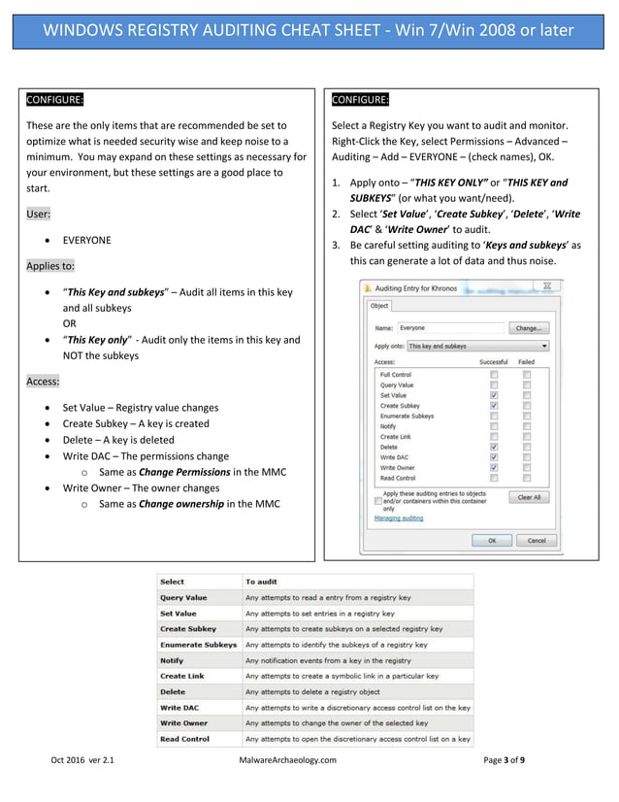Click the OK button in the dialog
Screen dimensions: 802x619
click(492, 540)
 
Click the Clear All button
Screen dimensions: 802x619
click(529, 496)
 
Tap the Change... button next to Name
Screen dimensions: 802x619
click(529, 328)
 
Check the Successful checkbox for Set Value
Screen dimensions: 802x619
click(494, 395)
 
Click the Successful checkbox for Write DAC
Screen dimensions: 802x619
click(494, 457)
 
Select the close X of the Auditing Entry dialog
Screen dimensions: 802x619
click(546, 286)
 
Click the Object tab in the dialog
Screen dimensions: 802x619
click(378, 306)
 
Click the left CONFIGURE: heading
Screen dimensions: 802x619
click(55, 100)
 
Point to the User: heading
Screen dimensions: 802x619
click(39, 214)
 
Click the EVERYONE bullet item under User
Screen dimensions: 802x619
click(86, 240)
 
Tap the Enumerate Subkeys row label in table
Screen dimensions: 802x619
click(198, 645)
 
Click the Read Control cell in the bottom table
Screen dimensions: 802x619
click(184, 739)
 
